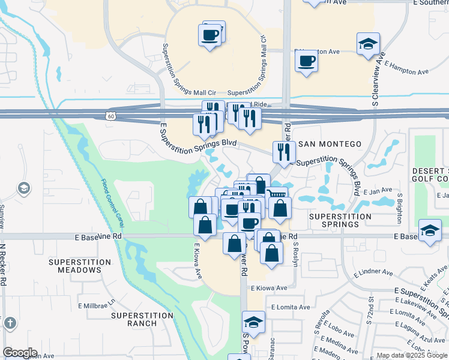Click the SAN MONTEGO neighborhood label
click(x=330, y=144)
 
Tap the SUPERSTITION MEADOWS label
click(x=80, y=266)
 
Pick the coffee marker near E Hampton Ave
click(x=306, y=61)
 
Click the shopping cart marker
click(x=276, y=196)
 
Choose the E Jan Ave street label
click(x=378, y=191)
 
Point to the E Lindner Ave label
click(x=373, y=273)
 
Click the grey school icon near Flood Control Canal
click(x=24, y=189)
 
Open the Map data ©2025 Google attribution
click(x=412, y=355)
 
